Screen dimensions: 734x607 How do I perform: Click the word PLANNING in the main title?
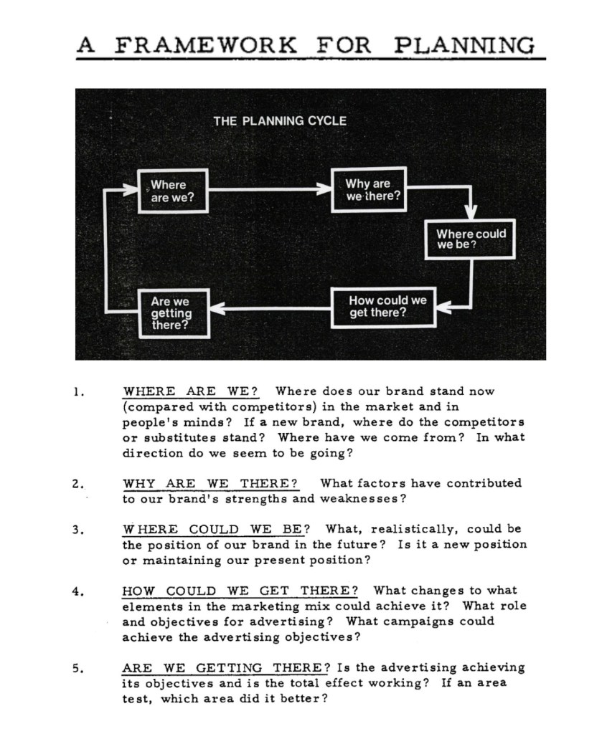tap(464, 45)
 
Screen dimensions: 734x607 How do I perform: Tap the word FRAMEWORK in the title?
tap(207, 45)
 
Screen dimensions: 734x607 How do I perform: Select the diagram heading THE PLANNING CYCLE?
tap(279, 120)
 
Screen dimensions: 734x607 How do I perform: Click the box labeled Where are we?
tap(172, 191)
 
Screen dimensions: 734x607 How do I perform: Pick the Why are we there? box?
tap(369, 189)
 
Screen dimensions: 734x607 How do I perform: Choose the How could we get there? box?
tap(383, 307)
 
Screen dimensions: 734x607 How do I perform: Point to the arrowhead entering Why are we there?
tap(324, 190)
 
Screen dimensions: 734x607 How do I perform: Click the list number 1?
tap(79, 392)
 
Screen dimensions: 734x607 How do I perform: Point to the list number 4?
tap(79, 592)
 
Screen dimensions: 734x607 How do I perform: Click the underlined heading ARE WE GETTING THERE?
tap(225, 668)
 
